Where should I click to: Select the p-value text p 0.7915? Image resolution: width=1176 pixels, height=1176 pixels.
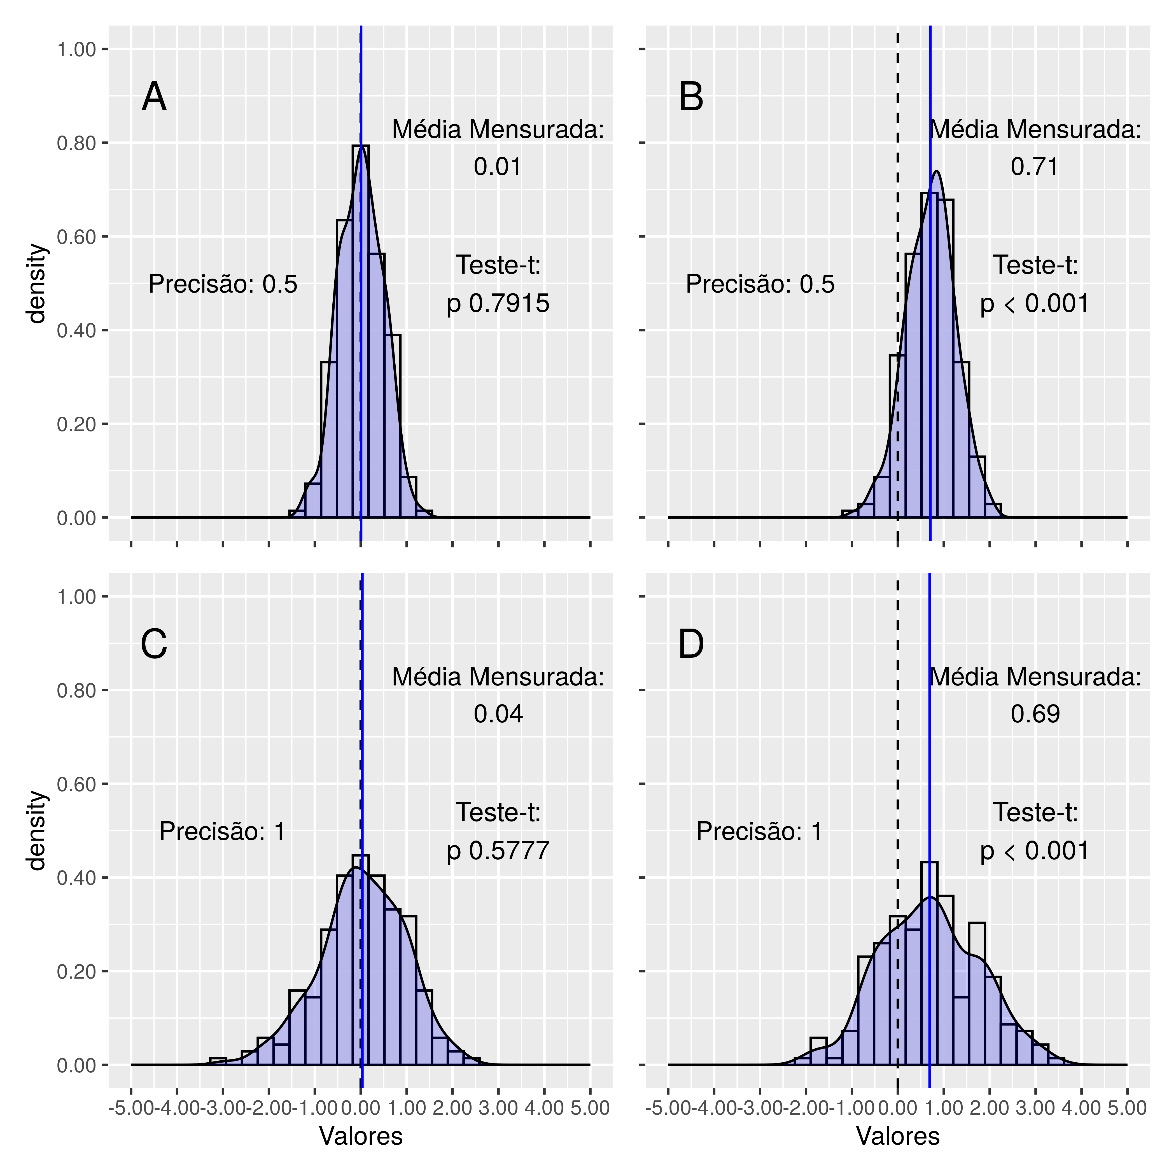point(498,303)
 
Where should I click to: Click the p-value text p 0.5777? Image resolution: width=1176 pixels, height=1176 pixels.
point(498,850)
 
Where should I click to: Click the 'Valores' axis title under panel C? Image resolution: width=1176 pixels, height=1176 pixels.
point(361,1136)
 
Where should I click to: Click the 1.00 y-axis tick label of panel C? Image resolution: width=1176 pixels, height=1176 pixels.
point(77,597)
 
